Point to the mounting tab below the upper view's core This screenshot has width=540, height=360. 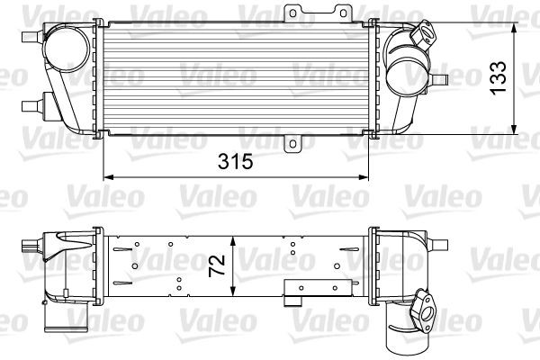pyautogui.click(x=292, y=143)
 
